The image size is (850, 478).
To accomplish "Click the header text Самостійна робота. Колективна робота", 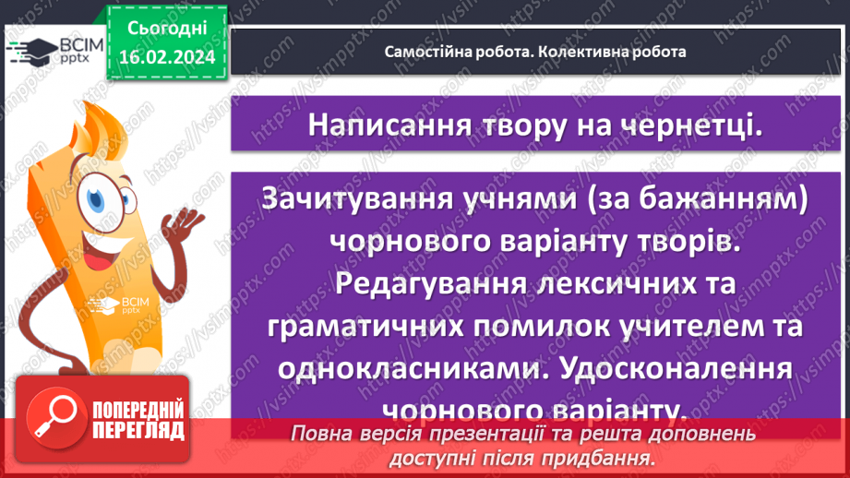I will coord(535,52).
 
